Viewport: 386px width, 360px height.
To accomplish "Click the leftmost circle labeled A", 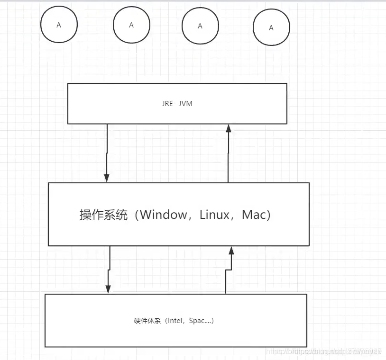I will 59,25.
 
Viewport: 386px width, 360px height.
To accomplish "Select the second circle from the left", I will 131,25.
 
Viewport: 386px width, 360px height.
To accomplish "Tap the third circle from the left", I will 200,26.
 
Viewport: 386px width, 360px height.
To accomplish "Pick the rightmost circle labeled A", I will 271,28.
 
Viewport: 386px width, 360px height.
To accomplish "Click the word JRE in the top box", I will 168,103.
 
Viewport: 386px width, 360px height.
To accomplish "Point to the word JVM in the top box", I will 186,103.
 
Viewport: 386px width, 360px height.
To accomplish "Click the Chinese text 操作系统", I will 103,215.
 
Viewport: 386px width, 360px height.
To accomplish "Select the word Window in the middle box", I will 164,215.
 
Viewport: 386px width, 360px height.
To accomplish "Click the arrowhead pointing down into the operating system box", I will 107,178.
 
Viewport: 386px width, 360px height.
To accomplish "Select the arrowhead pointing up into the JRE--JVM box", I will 228,128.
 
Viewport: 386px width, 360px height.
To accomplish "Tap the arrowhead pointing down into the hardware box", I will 108,289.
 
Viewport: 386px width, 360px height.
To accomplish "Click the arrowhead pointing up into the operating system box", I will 231,251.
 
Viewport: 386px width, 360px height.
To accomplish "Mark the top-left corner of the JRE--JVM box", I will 68,83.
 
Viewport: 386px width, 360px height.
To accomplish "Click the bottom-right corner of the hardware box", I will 307,347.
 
